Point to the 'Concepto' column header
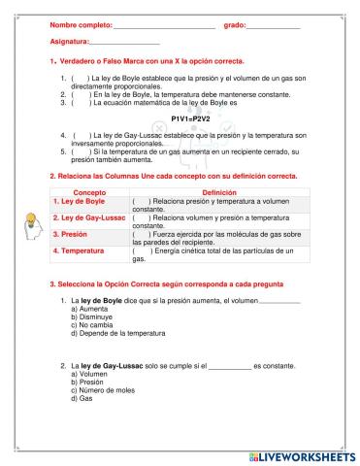point(89,193)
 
